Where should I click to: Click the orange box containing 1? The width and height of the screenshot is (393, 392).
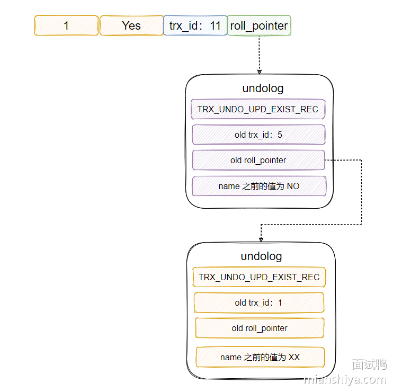pos(66,25)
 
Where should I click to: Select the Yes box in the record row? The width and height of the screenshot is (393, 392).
pos(131,25)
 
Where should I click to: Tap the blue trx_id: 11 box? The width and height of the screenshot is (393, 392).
pos(195,25)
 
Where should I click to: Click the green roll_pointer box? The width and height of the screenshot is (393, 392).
pos(259,25)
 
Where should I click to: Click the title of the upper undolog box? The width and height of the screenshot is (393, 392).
pos(260,88)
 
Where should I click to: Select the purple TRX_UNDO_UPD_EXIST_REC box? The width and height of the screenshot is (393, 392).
pos(258,109)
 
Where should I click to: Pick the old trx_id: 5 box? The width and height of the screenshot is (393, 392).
pos(258,135)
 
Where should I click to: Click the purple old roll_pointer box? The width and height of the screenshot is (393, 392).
pos(258,160)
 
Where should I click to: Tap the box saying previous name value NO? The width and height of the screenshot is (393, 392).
pos(258,186)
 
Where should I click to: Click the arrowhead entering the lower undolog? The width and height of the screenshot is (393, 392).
pos(261,239)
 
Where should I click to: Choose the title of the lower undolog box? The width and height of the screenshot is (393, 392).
pos(261,256)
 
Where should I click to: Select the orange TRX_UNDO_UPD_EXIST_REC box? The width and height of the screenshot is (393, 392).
pos(259,277)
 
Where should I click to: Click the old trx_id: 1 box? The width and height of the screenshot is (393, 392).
pos(258,302)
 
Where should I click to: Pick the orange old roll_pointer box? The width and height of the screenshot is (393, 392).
pos(260,328)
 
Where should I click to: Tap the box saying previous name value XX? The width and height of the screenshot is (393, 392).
pos(260,357)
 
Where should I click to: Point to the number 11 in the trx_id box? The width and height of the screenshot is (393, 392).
pos(215,25)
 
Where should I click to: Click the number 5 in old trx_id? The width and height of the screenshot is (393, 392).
pos(280,135)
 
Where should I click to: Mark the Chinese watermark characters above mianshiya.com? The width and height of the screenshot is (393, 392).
pos(369,364)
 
